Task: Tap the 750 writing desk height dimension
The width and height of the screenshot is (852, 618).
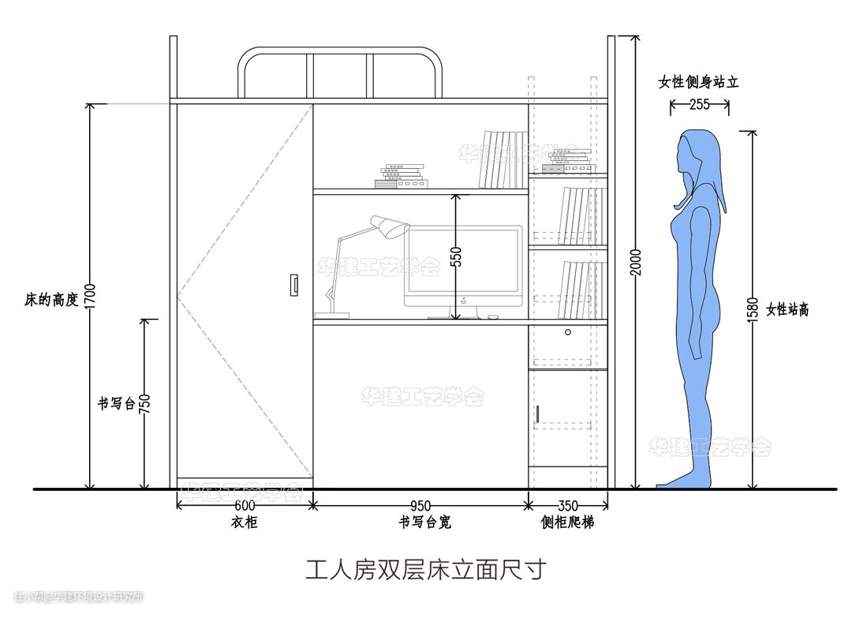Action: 144,403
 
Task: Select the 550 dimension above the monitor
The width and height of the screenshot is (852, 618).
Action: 455,257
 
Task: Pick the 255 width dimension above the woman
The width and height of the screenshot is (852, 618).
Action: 699,103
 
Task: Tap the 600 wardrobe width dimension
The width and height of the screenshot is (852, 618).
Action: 245,505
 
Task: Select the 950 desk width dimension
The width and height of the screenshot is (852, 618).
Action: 420,505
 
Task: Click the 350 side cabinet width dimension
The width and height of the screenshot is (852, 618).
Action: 568,505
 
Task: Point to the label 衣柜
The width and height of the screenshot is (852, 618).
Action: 244,522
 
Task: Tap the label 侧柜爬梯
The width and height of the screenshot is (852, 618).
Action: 567,522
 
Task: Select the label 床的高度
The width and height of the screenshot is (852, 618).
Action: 51,300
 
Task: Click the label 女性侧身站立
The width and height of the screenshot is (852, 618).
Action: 698,82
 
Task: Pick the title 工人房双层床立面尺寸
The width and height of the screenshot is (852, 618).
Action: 425,569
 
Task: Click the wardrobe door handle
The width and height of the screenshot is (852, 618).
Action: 294,285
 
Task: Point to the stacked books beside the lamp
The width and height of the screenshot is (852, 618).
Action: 401,177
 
